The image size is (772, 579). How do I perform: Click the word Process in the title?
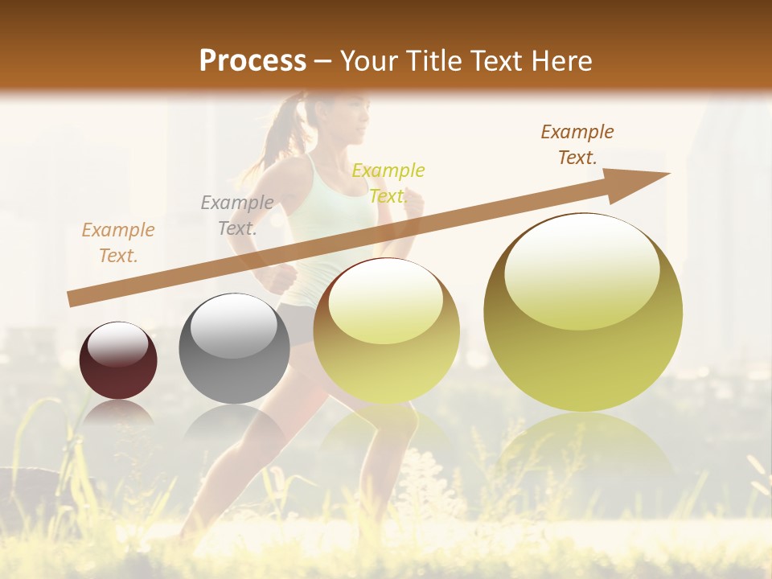[x=253, y=61]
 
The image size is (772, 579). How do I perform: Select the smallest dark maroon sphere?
[x=118, y=360]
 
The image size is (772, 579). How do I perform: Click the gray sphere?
[x=233, y=348]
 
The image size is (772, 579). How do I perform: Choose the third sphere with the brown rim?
[x=386, y=330]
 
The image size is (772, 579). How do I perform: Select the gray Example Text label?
[x=237, y=216]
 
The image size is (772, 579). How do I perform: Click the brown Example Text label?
[x=577, y=145]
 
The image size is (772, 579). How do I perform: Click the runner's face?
[x=351, y=117]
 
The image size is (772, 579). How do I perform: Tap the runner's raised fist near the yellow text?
[x=413, y=207]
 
